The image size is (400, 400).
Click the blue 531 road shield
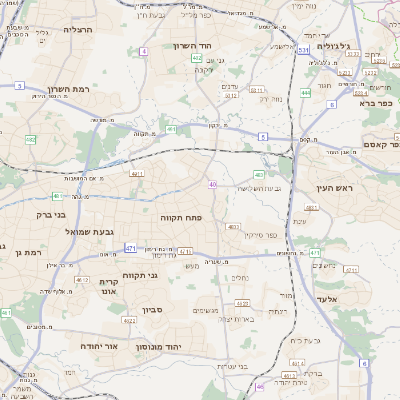click(x=303, y=48)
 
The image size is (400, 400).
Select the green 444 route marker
click(x=305, y=94)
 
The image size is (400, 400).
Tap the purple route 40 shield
click(x=213, y=184)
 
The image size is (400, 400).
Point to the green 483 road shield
click(x=259, y=175)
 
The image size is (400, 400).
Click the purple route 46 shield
click(x=260, y=386)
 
